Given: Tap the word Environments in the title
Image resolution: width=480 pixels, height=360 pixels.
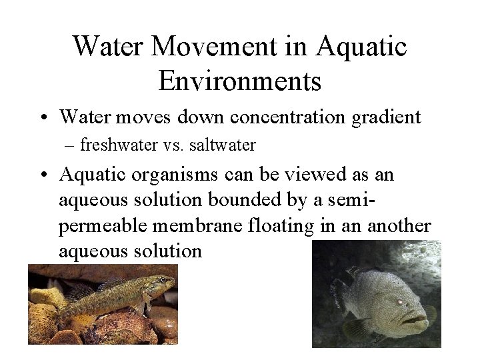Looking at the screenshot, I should [x=240, y=81].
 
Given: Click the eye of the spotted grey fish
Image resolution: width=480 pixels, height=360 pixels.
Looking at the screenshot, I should [x=402, y=302].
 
